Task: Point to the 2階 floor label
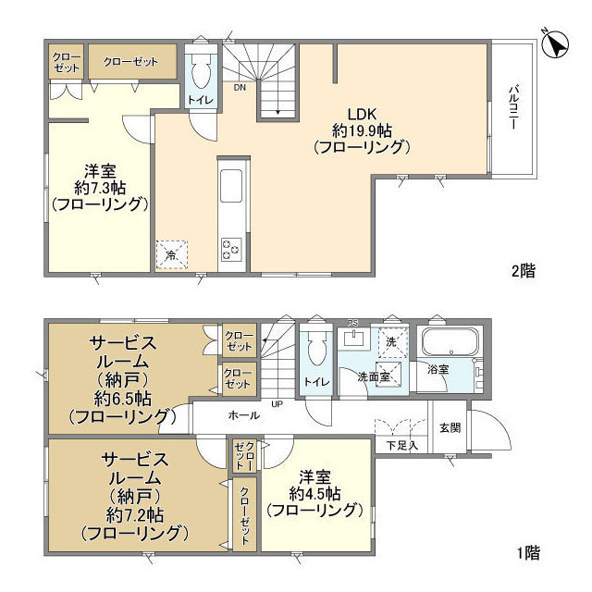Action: [523, 272]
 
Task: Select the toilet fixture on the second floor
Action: [201, 71]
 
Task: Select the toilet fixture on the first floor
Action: [316, 350]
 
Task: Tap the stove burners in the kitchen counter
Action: [231, 249]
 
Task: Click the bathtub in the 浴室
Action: [449, 345]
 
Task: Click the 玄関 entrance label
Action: [450, 427]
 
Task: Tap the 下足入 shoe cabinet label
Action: [402, 446]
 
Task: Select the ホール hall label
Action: [244, 415]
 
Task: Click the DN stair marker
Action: [239, 89]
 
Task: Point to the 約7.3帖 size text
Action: [100, 188]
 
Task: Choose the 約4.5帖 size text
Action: [312, 493]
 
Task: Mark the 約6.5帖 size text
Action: [121, 400]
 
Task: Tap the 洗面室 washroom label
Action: [374, 376]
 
